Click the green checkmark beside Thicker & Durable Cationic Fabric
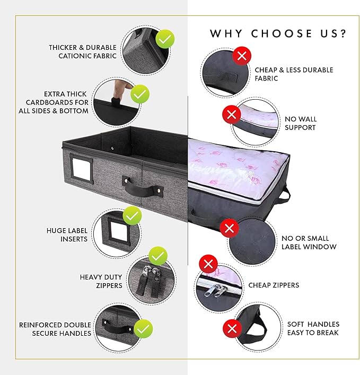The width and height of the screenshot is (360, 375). click(165, 39)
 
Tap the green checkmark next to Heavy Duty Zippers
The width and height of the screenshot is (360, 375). click(158, 256)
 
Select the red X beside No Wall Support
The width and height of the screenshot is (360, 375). click(231, 115)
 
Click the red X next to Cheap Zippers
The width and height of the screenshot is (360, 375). click(208, 264)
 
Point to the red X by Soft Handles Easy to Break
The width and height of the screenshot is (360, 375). click(232, 329)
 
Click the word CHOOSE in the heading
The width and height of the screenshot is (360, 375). click(282, 33)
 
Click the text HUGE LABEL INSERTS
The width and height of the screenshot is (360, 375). click(67, 235)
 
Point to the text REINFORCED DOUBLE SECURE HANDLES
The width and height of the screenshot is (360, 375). click(55, 329)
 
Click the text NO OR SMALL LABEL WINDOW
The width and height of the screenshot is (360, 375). click(309, 242)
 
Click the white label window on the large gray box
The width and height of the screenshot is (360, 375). click(81, 169)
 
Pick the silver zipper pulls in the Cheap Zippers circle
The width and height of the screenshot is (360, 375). click(215, 290)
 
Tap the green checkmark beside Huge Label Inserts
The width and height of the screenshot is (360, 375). click(132, 216)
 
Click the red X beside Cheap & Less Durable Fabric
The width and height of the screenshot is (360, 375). click(242, 56)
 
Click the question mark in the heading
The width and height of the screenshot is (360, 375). click(343, 33)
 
